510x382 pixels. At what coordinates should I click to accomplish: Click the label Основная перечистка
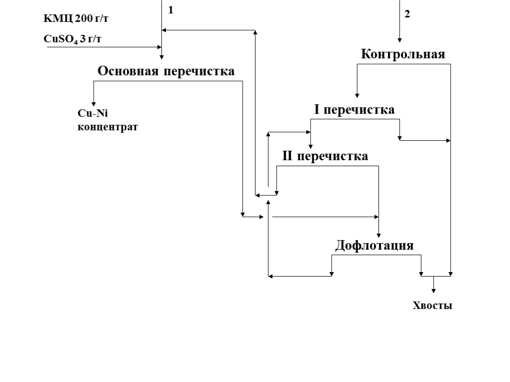166,71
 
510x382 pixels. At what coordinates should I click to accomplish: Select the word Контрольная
402,54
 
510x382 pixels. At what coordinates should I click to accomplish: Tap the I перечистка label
354,109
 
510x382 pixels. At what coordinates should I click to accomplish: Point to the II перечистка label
325,157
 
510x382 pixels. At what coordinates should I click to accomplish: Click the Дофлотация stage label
374,245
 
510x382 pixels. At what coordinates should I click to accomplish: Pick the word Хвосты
432,306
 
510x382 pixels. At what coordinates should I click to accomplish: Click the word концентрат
108,127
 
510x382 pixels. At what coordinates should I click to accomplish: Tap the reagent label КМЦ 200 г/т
76,19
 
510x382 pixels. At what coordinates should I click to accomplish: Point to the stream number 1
171,10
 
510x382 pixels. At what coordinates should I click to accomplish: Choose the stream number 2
407,14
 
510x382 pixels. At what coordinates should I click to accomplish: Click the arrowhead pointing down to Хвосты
434,290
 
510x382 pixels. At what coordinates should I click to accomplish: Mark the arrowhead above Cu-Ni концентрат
93,103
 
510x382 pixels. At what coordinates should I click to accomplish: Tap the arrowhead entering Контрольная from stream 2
399,40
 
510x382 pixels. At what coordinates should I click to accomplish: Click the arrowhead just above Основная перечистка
162,57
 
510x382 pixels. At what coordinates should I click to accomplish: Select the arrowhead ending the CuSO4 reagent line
159,47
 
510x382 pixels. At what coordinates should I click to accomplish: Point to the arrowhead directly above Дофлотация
379,234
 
